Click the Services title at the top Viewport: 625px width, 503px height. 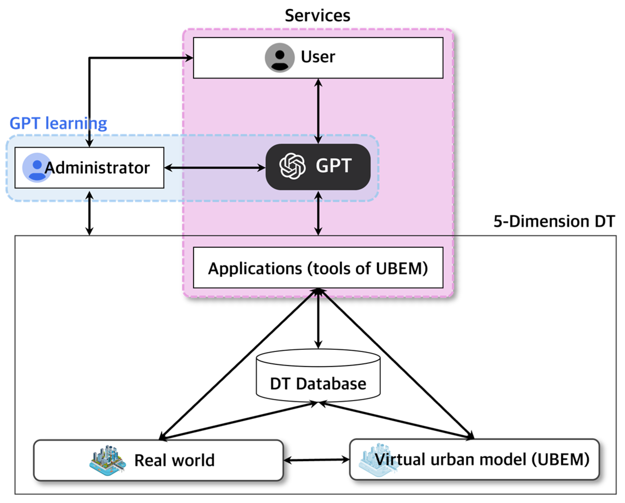317,15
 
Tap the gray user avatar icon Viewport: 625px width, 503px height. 279,57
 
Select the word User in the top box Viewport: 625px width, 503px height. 318,57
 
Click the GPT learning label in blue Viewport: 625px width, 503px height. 58,123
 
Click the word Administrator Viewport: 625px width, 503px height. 97,168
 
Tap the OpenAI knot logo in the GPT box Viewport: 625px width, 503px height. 292,166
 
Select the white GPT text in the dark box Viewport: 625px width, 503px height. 334,166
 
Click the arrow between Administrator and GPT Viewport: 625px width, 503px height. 214,167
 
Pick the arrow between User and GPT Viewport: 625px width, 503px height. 318,111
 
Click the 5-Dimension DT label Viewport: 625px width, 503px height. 554,221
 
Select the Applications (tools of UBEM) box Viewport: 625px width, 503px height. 318,268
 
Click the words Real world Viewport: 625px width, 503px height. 174,460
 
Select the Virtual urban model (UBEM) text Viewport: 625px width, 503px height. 482,460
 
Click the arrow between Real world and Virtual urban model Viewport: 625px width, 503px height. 317,460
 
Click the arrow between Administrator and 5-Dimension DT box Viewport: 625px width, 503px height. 90,213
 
